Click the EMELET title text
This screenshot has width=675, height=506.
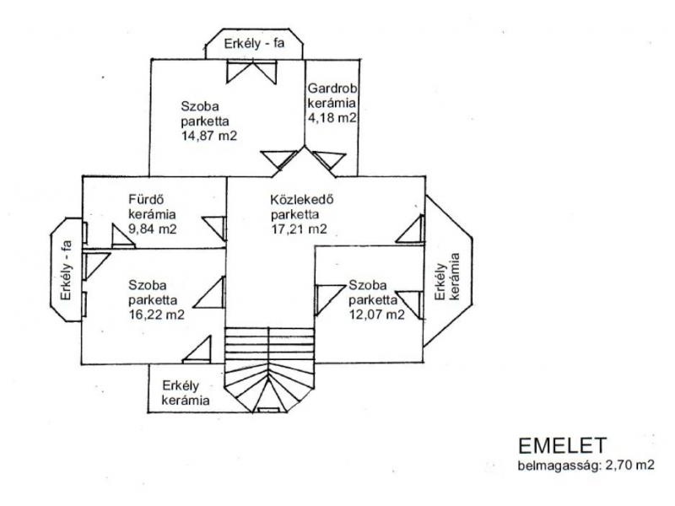tap(562, 446)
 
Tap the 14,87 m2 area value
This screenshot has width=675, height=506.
tap(208, 136)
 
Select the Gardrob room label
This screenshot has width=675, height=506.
tap(332, 89)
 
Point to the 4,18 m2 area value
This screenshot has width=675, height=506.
tap(332, 117)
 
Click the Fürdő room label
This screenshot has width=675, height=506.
tap(146, 200)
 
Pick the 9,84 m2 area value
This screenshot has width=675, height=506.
tap(153, 229)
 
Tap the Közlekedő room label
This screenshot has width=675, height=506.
tap(302, 200)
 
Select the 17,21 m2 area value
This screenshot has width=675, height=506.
tap(299, 229)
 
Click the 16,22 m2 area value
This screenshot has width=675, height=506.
tap(156, 315)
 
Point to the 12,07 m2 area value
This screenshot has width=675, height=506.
tap(376, 315)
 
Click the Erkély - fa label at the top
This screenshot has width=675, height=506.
tap(255, 44)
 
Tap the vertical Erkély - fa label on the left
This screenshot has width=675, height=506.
tap(66, 270)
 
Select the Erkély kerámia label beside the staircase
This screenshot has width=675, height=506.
tap(185, 393)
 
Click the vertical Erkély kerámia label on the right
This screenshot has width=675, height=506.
tap(447, 277)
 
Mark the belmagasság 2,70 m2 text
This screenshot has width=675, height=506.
tap(586, 466)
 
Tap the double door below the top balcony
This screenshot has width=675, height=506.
tap(251, 72)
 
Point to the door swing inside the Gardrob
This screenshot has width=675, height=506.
tap(329, 160)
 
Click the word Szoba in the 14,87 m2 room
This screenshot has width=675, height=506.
tap(200, 106)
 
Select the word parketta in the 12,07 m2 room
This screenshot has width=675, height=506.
tap(373, 300)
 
